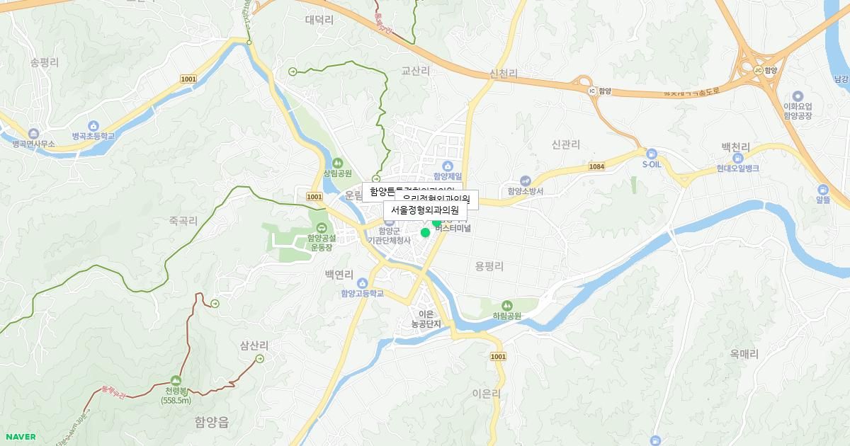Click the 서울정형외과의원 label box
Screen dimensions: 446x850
[x=425, y=210]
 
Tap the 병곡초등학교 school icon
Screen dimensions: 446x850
[x=93, y=125]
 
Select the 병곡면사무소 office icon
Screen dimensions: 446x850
[x=33, y=133]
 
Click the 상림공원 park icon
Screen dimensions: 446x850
[x=337, y=163]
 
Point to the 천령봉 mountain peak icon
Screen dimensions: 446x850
[x=176, y=380]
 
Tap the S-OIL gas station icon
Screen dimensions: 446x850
[x=651, y=153]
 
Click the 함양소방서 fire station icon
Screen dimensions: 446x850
[x=525, y=181]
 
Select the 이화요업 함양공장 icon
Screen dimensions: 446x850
[x=798, y=96]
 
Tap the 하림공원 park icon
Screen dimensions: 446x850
[x=506, y=305]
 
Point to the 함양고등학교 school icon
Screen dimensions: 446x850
[x=362, y=283]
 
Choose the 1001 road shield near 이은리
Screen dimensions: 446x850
[x=498, y=356]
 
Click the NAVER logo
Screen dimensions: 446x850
[x=21, y=437]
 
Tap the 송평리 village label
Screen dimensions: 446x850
[x=45, y=62]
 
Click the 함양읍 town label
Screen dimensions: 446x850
[x=212, y=423]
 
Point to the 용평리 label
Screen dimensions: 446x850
[x=489, y=266]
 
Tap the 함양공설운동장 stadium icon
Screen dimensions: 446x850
[x=322, y=228]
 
